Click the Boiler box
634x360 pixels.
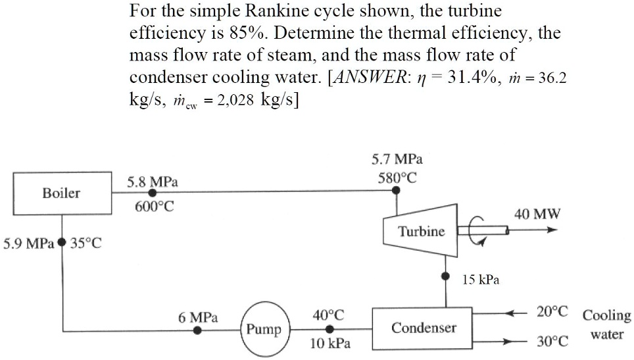click(61, 193)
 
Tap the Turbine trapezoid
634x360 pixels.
click(421, 231)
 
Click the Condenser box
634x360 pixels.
click(424, 327)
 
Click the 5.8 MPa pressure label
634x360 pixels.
click(152, 180)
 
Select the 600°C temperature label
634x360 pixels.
click(155, 206)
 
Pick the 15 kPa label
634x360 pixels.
click(480, 279)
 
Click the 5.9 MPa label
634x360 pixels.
click(28, 243)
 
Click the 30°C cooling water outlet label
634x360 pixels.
click(552, 342)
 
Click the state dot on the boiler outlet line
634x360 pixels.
click(152, 193)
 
